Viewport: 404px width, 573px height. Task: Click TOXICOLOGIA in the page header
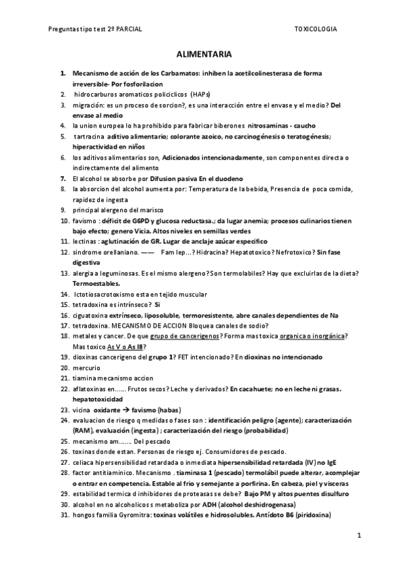tap(316, 30)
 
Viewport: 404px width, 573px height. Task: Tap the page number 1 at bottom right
tap(359, 535)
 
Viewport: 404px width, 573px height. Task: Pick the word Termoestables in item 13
tap(96, 284)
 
